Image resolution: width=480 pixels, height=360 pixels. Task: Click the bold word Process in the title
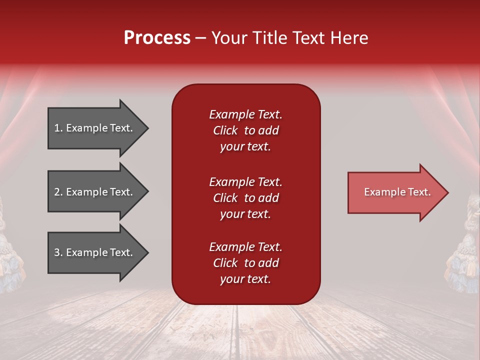[x=157, y=38]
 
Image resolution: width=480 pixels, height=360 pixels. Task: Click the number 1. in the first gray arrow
[x=58, y=128]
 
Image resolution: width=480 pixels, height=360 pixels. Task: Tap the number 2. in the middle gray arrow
[x=58, y=192]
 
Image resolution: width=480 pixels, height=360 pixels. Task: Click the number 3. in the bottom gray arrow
[x=58, y=252]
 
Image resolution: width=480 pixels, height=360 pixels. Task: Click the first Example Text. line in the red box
[x=245, y=114]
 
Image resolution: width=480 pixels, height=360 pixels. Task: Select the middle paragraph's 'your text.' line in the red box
[x=245, y=214]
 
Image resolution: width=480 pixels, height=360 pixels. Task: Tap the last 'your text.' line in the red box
[x=245, y=279]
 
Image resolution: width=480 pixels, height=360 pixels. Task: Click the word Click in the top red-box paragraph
[x=225, y=130]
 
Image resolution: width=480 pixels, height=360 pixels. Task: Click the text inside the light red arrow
[x=397, y=192]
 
